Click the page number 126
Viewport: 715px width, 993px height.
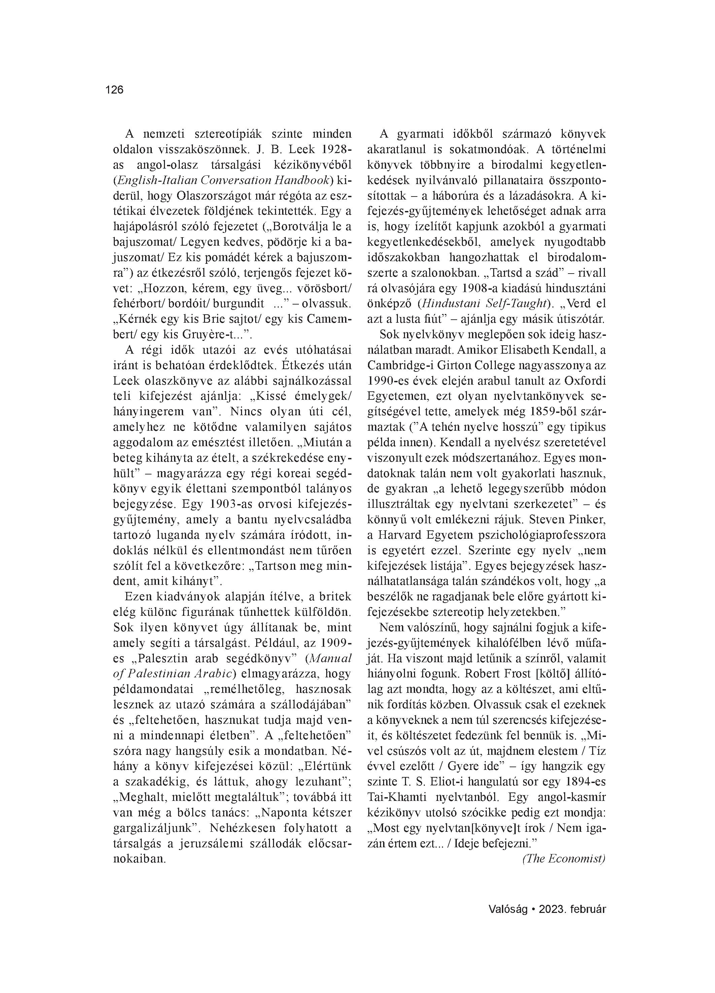pos(114,90)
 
